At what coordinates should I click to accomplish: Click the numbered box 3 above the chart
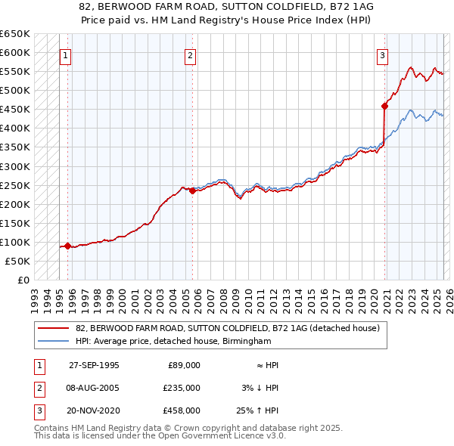coord(383,54)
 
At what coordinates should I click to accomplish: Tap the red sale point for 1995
coord(68,246)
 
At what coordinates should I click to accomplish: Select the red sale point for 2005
coord(192,190)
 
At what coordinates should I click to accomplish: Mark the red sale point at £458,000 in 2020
coord(384,107)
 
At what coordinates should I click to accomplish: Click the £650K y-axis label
coord(15,34)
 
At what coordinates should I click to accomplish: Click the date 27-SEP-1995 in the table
coord(94,365)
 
